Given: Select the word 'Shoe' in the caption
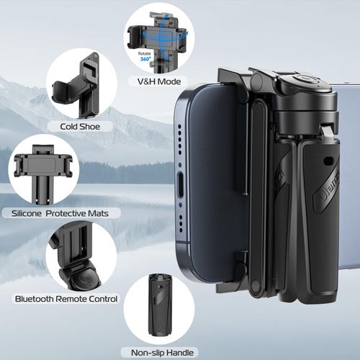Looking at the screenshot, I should [101, 127].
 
